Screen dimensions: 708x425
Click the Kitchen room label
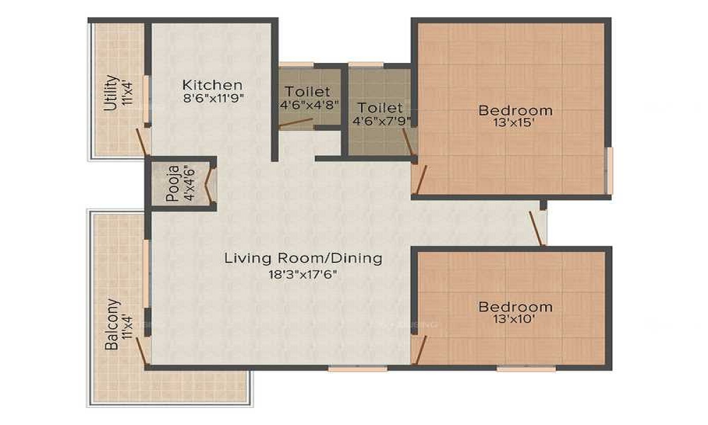click(x=212, y=84)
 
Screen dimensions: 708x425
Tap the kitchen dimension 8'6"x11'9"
click(x=214, y=98)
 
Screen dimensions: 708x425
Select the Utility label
click(x=110, y=93)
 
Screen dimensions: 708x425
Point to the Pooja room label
click(x=173, y=183)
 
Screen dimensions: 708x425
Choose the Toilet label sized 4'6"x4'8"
click(x=307, y=91)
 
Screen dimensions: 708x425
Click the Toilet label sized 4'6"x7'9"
click(x=380, y=108)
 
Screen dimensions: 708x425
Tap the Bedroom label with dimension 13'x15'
click(x=515, y=110)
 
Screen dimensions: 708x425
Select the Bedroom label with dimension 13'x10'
click(x=515, y=307)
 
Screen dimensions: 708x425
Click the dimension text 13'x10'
click(x=514, y=319)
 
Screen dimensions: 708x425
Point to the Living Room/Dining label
click(x=303, y=259)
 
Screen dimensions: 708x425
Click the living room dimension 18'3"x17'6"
click(x=303, y=274)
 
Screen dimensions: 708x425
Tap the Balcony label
click(x=112, y=324)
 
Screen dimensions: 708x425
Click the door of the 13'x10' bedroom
click(x=421, y=350)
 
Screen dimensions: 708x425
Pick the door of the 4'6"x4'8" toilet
click(x=296, y=124)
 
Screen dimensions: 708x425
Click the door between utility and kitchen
click(x=142, y=142)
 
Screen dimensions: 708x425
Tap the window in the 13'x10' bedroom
click(x=527, y=368)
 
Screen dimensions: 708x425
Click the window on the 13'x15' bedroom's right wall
click(x=609, y=170)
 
